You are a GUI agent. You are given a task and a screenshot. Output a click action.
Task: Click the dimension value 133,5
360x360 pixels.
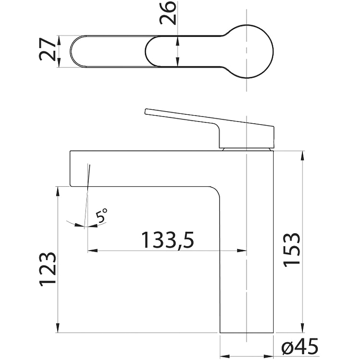pos(167,240)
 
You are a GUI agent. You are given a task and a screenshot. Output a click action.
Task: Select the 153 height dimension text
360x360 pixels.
pos(292,250)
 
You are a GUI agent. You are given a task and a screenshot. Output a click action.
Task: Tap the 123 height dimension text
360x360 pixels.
pos(48,269)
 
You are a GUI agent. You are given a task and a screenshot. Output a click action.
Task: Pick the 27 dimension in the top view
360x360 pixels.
pos(49,50)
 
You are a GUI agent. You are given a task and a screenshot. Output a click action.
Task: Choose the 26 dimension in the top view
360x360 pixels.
pos(168,13)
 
